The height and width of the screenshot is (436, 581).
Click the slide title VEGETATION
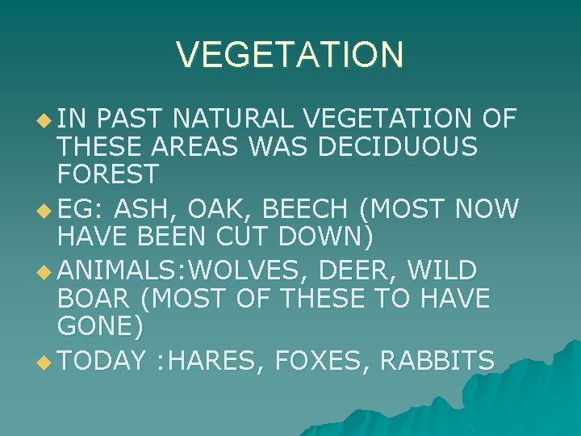(x=290, y=55)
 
